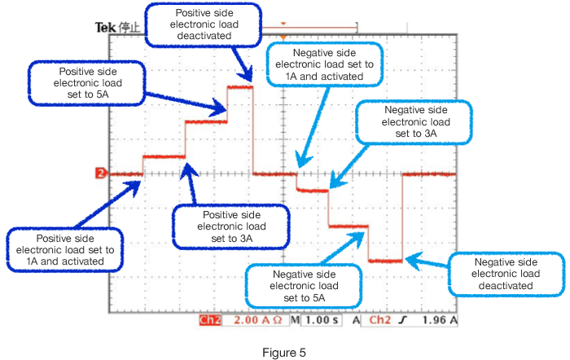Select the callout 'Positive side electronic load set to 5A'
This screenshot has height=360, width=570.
point(88,83)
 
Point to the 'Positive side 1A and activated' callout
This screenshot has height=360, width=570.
point(66,248)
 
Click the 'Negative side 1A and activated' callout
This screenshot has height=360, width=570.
point(324,64)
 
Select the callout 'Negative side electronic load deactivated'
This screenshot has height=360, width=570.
point(506,274)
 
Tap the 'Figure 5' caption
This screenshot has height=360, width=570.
point(284,353)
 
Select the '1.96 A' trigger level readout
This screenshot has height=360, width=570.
point(440,321)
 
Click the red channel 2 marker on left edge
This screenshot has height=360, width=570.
point(100,173)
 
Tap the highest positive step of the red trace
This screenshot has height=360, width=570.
point(240,86)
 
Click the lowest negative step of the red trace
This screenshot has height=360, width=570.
point(385,261)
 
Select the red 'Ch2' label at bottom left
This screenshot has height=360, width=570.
point(209,321)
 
